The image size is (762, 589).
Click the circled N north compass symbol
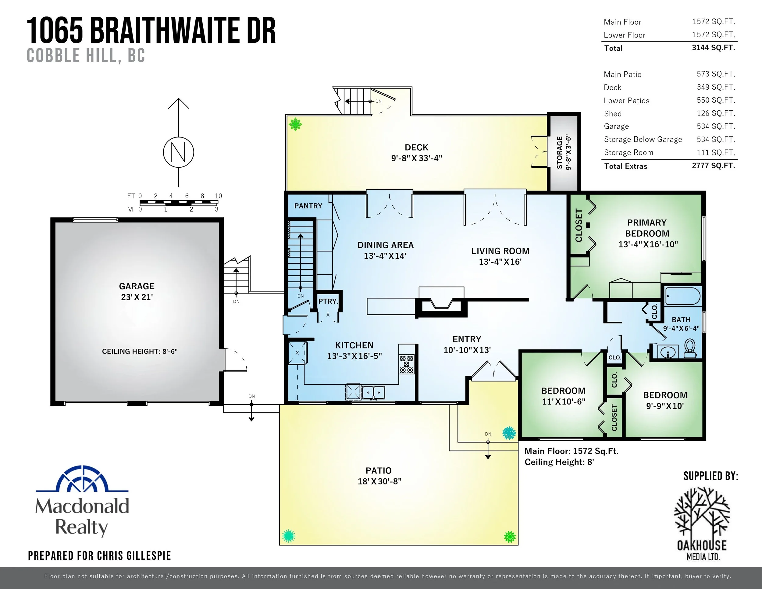pos(178,152)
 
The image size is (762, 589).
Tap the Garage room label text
pos(137,286)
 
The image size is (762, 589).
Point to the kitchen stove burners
pos(407,364)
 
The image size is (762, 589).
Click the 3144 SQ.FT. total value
pos(713,48)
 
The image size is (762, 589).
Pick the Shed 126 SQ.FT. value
pos(716,113)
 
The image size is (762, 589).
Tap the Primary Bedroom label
pos(647,228)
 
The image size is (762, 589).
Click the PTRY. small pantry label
pos(328,301)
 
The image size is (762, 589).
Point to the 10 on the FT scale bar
pos(218,196)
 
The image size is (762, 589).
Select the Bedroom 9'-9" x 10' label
pos(665,401)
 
